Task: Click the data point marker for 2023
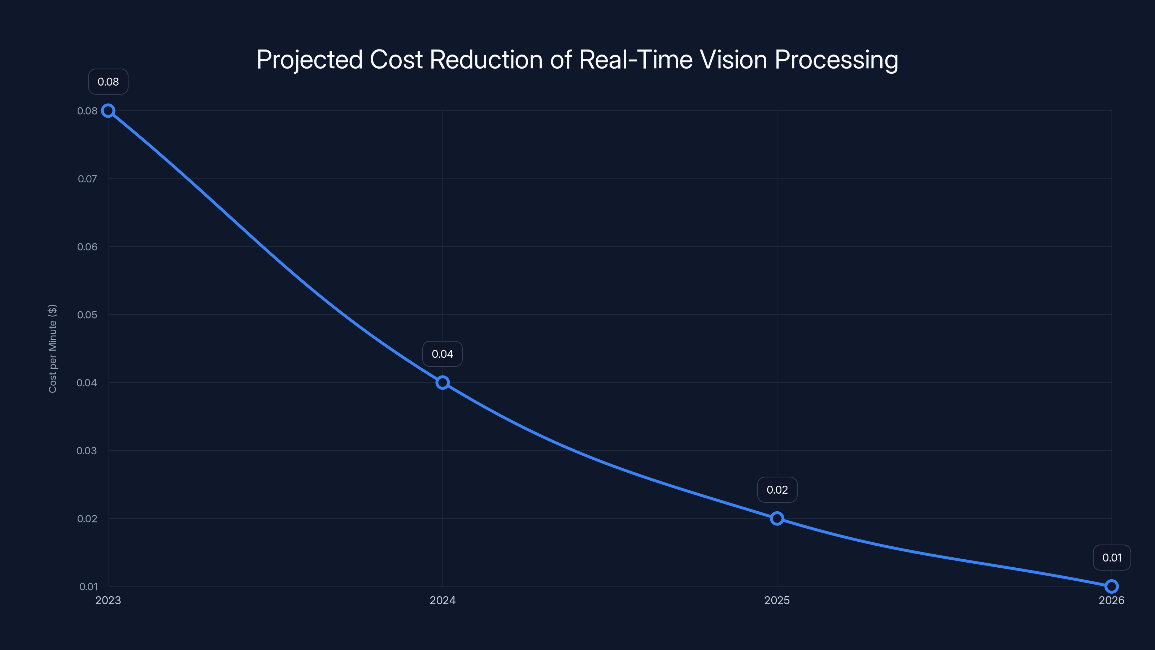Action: coord(108,111)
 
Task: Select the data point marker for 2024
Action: coord(443,383)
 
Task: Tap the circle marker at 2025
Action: coord(777,519)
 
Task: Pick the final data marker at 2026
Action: coord(1112,586)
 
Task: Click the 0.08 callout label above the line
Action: coord(108,82)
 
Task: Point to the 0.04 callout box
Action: coord(443,354)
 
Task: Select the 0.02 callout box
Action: coord(777,490)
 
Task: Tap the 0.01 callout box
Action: coord(1112,558)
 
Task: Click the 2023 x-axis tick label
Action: coord(108,600)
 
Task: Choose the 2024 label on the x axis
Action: coord(443,600)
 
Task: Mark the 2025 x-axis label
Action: coord(777,600)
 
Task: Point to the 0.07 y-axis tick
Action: coord(87,179)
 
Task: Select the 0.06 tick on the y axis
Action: coord(87,247)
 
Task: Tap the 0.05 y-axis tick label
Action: coord(87,315)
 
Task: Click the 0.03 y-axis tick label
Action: coord(87,451)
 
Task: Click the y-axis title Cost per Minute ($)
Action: coord(52,348)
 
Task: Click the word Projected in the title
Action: coord(309,60)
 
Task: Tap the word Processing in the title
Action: coord(836,60)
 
